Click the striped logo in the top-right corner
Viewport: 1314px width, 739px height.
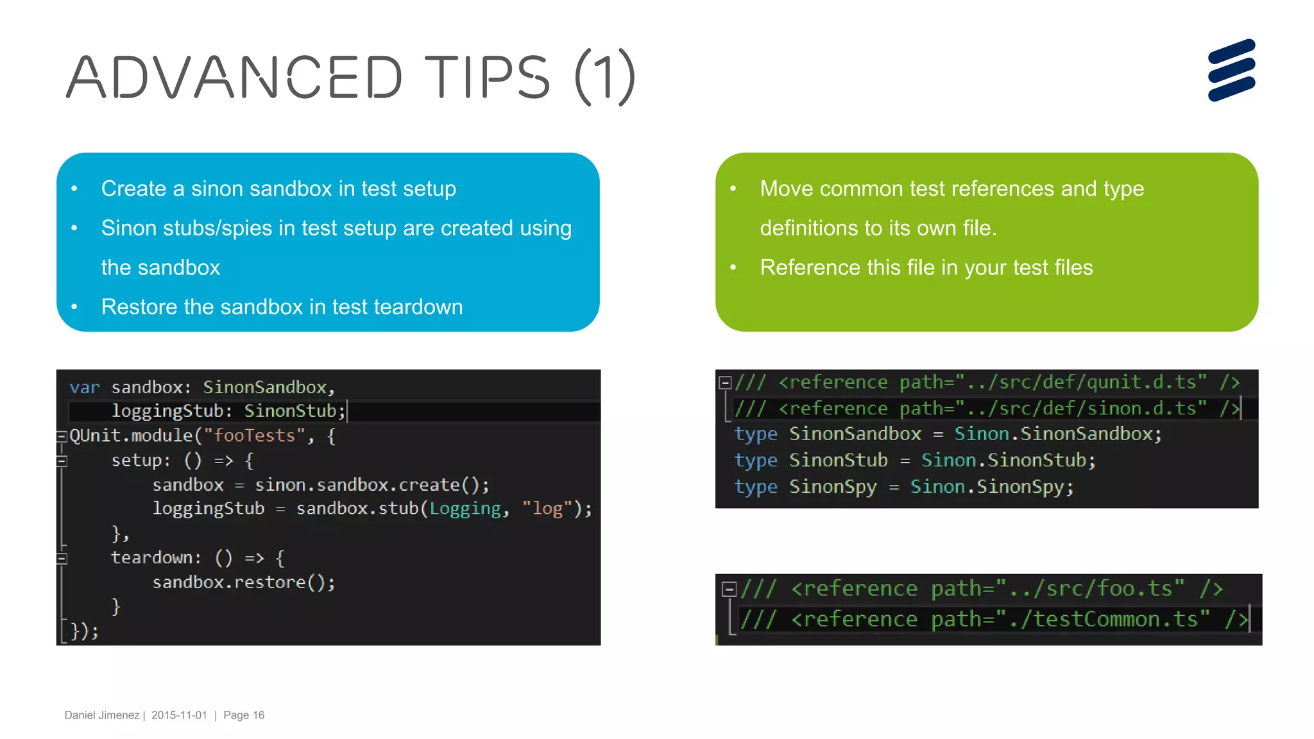pyautogui.click(x=1231, y=70)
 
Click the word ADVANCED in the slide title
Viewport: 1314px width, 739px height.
pyautogui.click(x=234, y=78)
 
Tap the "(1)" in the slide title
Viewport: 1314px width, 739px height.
pyautogui.click(x=605, y=78)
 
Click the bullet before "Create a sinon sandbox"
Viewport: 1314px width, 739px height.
pyautogui.click(x=74, y=189)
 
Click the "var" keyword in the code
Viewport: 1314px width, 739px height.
pyautogui.click(x=85, y=387)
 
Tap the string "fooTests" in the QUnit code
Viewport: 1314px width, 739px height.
pyautogui.click(x=254, y=436)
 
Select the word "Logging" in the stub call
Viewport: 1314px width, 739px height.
pyautogui.click(x=465, y=509)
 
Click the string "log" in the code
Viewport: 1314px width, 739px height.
pyautogui.click(x=547, y=509)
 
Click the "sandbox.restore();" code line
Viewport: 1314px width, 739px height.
pyautogui.click(x=244, y=582)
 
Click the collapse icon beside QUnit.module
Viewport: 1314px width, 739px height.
pyautogui.click(x=62, y=437)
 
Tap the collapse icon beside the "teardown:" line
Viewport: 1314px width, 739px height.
pyautogui.click(x=62, y=558)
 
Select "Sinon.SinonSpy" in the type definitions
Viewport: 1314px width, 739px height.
pyautogui.click(x=991, y=487)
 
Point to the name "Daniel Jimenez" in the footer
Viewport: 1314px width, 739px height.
pyautogui.click(x=102, y=715)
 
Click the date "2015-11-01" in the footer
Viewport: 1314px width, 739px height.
pyautogui.click(x=179, y=715)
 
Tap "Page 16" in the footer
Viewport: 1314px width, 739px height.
pyautogui.click(x=244, y=715)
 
